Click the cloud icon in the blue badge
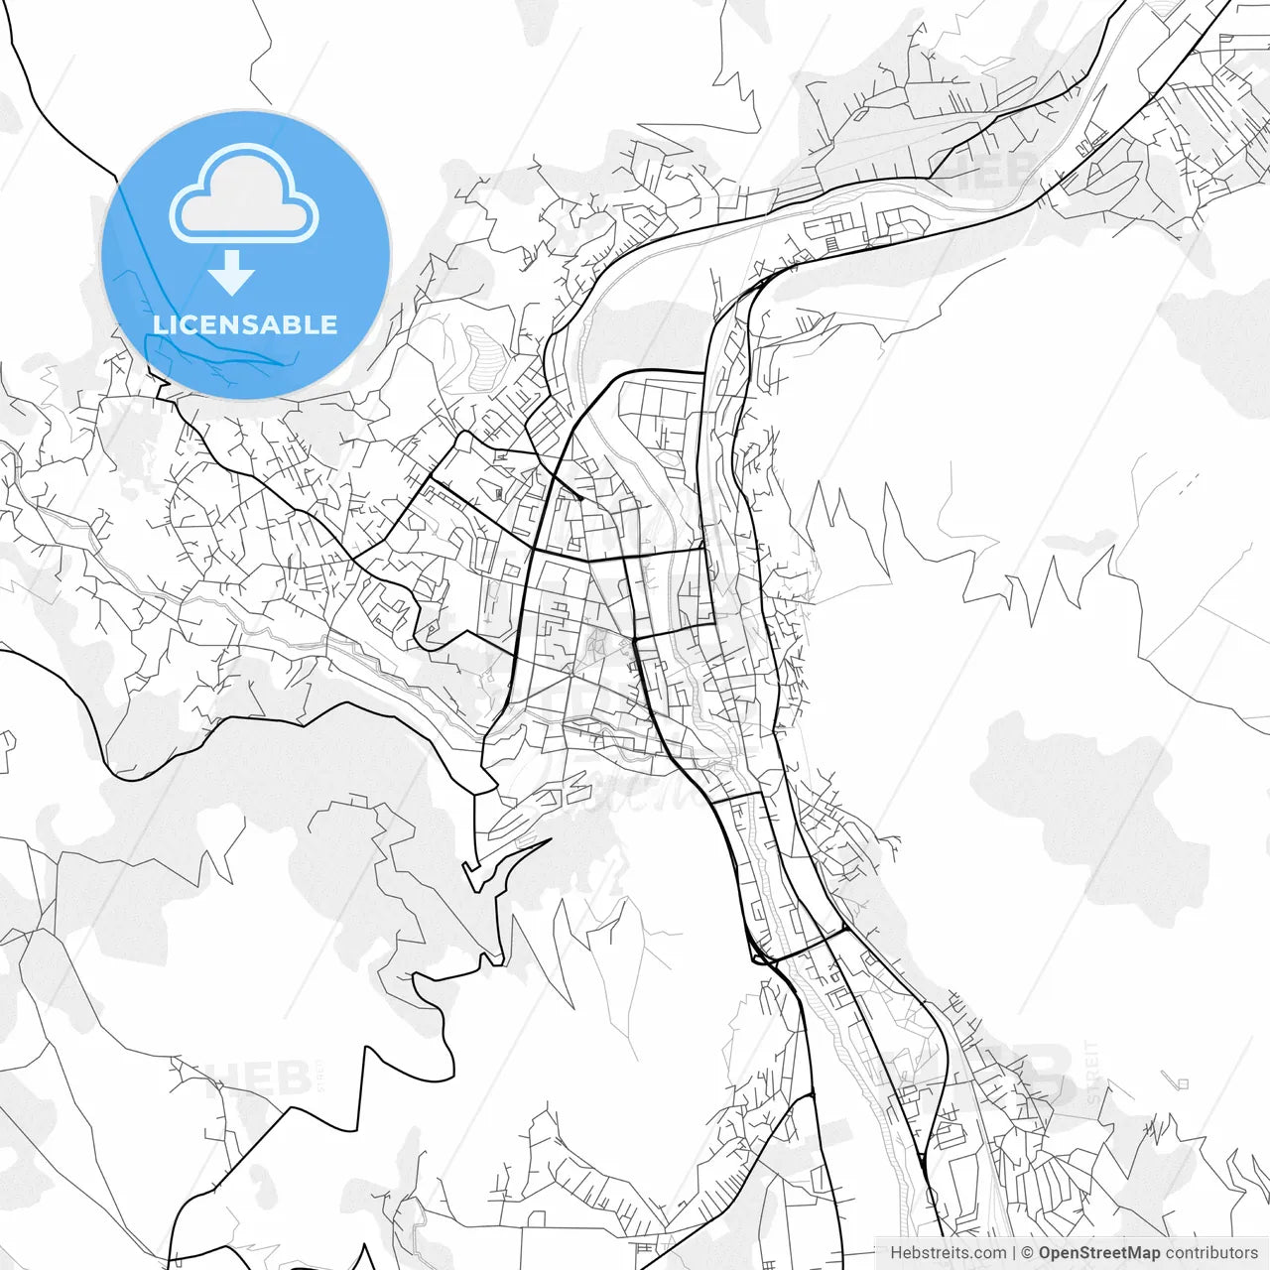click(x=244, y=193)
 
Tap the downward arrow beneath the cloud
click(x=232, y=273)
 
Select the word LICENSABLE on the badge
click(x=245, y=324)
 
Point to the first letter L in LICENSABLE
click(x=160, y=324)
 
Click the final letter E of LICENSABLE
click(x=329, y=324)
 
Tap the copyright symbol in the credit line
click(x=1028, y=1253)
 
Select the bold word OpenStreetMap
click(x=1099, y=1253)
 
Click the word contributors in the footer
click(x=1211, y=1253)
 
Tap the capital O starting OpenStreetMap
click(x=1046, y=1253)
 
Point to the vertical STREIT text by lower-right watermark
click(x=1092, y=1072)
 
